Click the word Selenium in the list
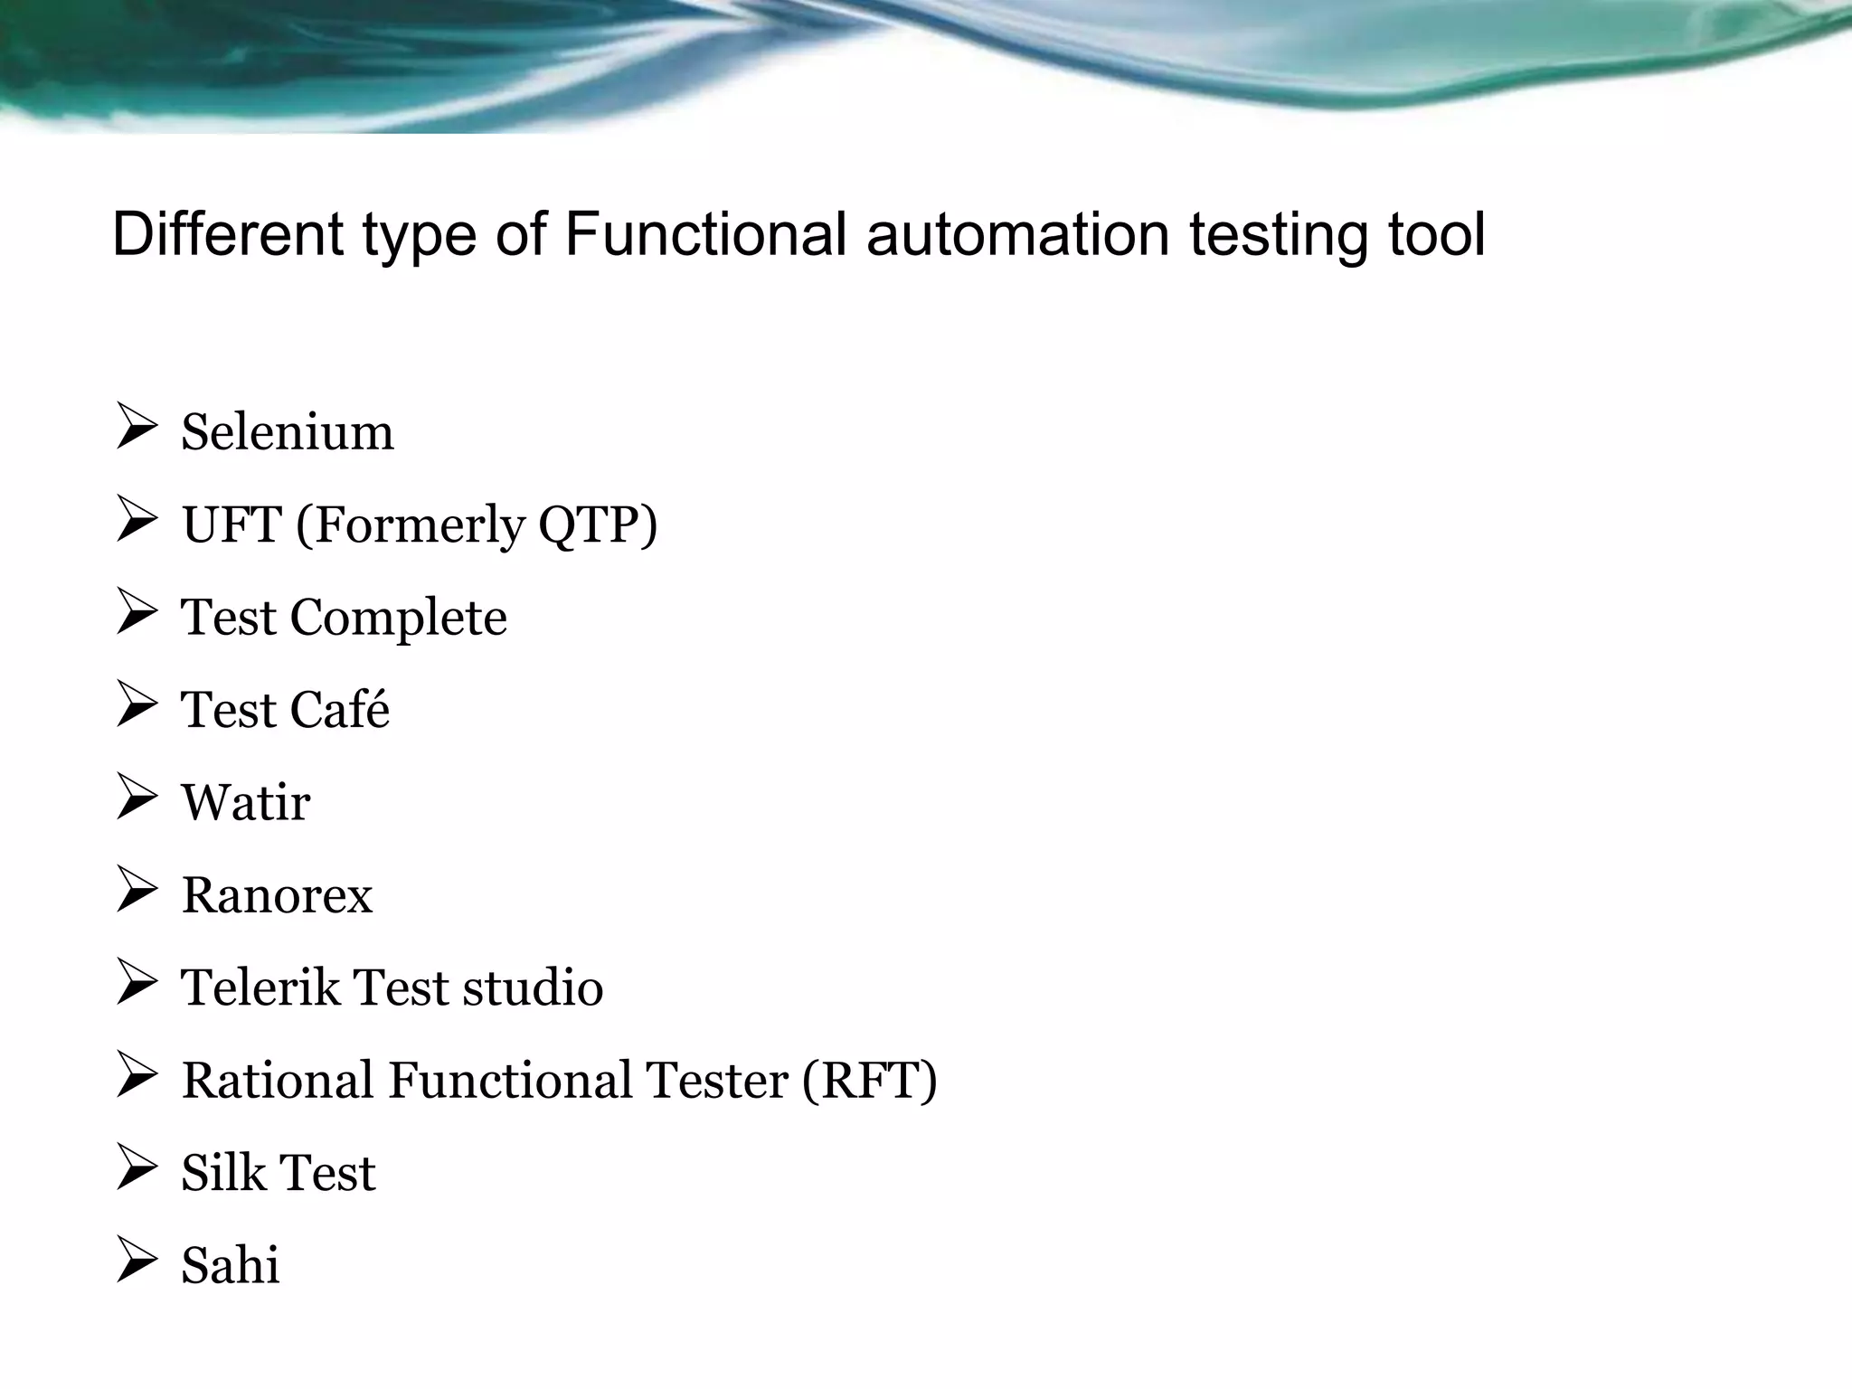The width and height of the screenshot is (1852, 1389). pyautogui.click(x=288, y=432)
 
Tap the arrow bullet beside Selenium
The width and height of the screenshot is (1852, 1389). pyautogui.click(x=137, y=428)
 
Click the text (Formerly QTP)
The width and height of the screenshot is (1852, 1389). pyautogui.click(x=477, y=526)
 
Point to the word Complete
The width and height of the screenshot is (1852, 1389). pyautogui.click(x=398, y=619)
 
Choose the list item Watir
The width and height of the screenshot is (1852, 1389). pyautogui.click(x=246, y=803)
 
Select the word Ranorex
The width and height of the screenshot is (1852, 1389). pyautogui.click(x=278, y=896)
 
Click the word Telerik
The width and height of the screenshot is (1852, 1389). pyautogui.click(x=260, y=987)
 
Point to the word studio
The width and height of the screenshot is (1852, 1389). pyautogui.click(x=533, y=987)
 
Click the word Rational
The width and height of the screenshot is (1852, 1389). pyautogui.click(x=278, y=1081)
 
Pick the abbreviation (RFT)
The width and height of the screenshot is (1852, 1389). pyautogui.click(x=869, y=1082)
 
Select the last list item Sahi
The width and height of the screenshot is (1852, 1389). pyautogui.click(x=231, y=1265)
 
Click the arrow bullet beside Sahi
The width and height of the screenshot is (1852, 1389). pyautogui.click(x=137, y=1261)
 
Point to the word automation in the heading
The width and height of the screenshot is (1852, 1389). pyautogui.click(x=1018, y=234)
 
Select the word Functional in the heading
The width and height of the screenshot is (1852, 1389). pyautogui.click(x=705, y=234)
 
